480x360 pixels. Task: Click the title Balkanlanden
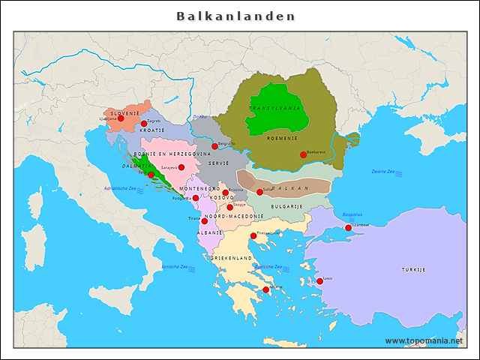235,16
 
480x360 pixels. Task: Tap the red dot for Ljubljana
121,118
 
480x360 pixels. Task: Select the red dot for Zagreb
144,124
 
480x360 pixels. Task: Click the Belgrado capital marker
214,146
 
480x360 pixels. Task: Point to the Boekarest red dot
303,155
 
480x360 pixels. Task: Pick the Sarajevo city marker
181,168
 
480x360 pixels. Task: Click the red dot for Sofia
259,192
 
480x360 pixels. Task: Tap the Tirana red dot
204,221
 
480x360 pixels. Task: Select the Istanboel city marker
348,228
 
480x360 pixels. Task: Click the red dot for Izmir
320,281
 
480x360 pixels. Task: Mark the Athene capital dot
265,289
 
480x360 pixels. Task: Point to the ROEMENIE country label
282,138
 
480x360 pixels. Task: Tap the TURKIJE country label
412,269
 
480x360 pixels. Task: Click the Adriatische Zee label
121,188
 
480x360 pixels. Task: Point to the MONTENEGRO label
199,188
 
